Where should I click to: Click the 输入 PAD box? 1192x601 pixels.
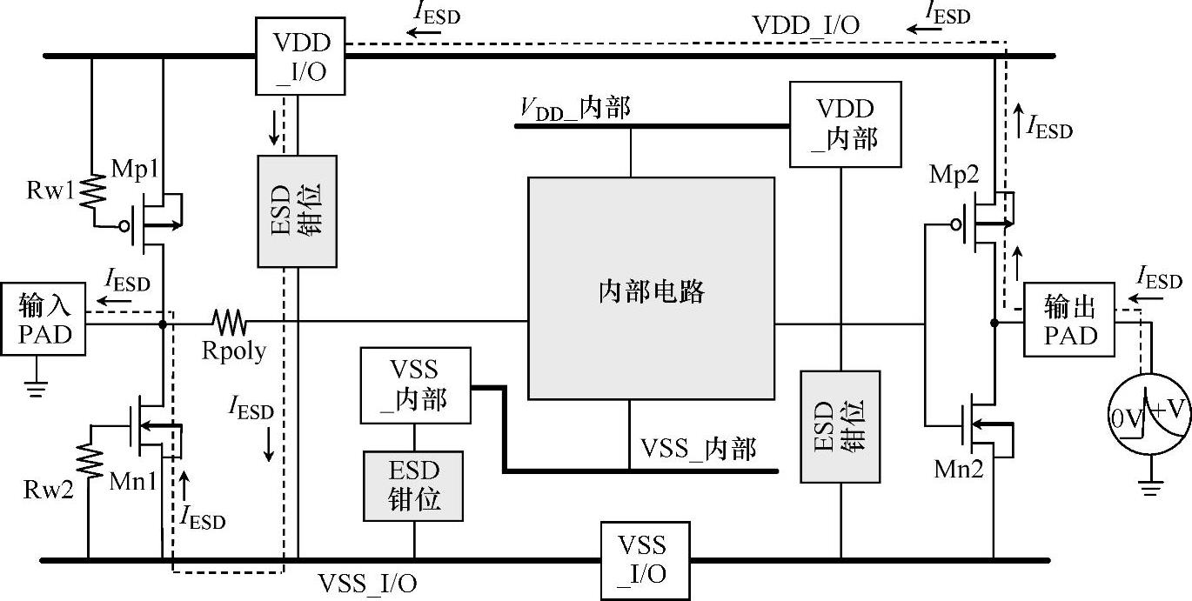coord(44,318)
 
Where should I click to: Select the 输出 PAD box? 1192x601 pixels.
coord(1069,319)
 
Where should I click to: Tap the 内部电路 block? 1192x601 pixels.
coord(651,289)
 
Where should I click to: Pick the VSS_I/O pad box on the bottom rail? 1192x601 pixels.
coord(645,560)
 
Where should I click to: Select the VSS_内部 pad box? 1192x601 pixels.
coord(414,386)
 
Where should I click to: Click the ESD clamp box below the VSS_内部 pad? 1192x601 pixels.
coord(414,485)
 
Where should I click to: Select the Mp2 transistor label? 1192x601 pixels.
coord(954,176)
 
